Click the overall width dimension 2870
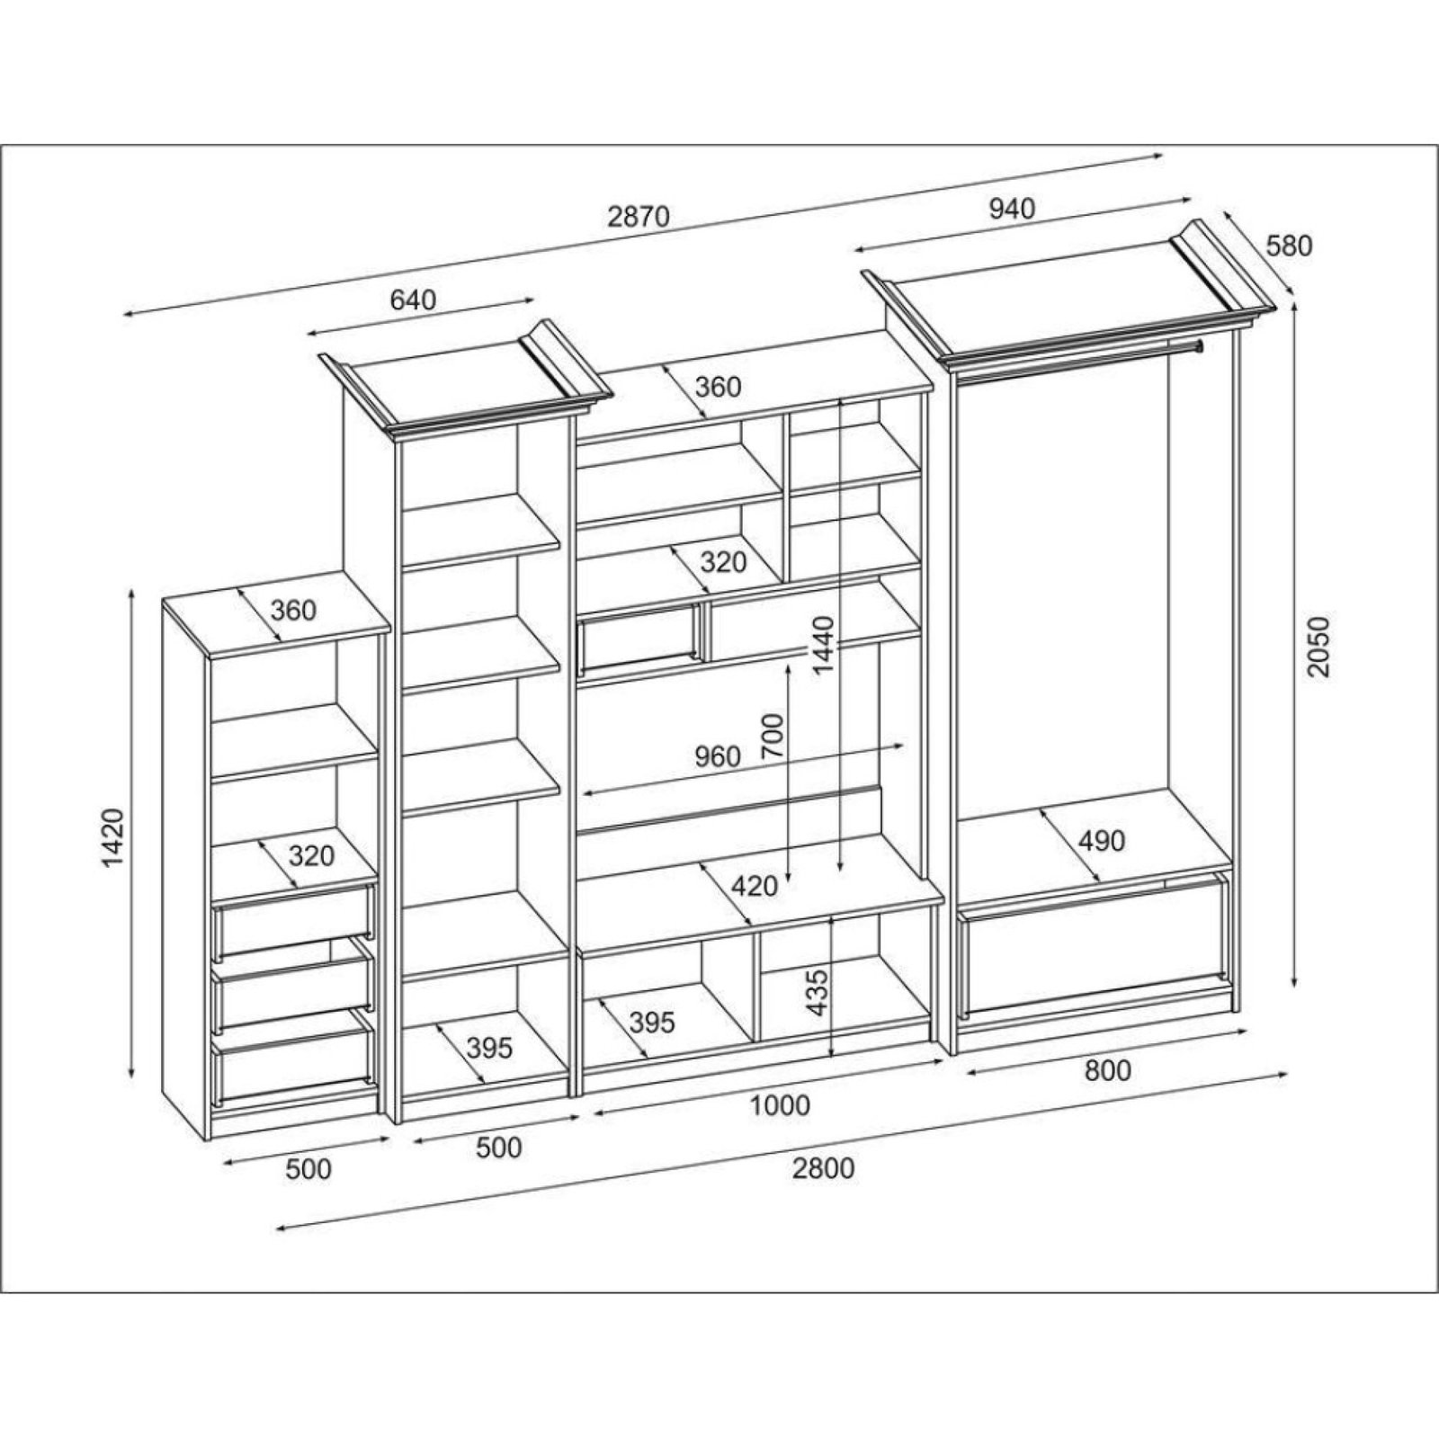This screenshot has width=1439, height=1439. coord(639,217)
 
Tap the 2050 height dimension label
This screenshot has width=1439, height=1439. coord(1317,648)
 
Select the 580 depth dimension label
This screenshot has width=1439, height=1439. coord(1289,246)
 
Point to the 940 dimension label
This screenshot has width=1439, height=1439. coord(1012,209)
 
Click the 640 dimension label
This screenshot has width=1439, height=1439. coord(412,299)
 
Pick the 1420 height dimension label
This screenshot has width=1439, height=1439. coord(113,839)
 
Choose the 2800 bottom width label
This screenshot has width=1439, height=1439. coord(823,1168)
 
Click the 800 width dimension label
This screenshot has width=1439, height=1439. coord(1106,1070)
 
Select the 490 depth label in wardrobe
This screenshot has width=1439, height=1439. coord(1101,841)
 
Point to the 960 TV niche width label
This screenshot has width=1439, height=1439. coord(717,756)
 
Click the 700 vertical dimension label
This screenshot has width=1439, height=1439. coord(773,737)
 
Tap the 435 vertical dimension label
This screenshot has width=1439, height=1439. coord(818,992)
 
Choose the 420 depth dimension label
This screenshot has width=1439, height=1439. coord(754,887)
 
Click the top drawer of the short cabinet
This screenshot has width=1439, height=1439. coord(292,920)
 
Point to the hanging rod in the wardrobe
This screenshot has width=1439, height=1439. coord(1079,361)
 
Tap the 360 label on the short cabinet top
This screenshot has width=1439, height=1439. coord(294,610)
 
